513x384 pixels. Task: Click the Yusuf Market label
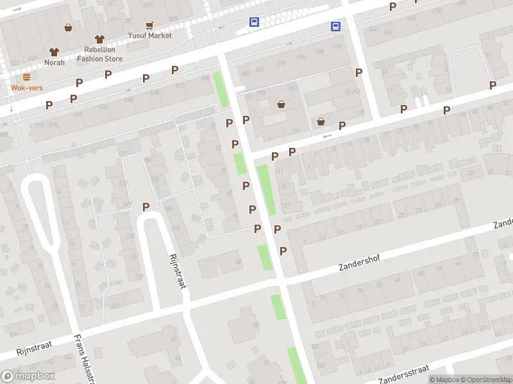[x=149, y=35]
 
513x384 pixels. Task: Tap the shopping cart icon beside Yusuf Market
[x=149, y=26]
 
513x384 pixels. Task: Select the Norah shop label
[x=54, y=62]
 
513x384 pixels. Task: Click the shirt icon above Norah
[x=54, y=52]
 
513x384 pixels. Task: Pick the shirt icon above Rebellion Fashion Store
[x=99, y=40]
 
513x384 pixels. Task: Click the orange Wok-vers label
[x=26, y=88]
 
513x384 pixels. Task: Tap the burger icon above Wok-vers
[x=26, y=76]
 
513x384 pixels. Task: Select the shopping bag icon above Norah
[x=68, y=28]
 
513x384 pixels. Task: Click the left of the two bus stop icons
[x=255, y=22]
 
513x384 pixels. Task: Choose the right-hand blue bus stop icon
[x=336, y=26]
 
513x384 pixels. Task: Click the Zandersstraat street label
[x=404, y=373]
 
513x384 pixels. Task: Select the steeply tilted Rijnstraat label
[x=177, y=269]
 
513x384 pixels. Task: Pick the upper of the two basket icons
[x=281, y=104]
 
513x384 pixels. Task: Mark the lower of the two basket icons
[x=321, y=122]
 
